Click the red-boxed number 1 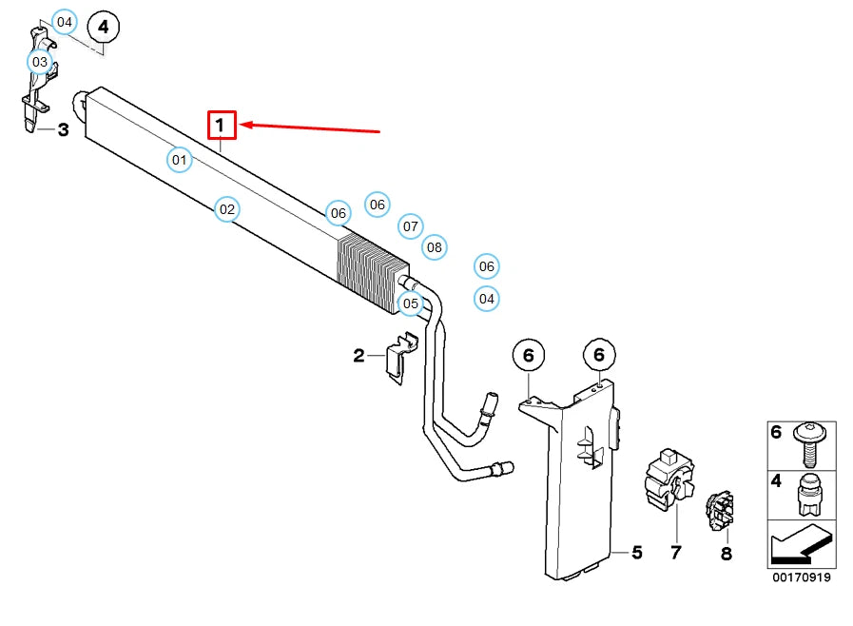222,125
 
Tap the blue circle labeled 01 179,160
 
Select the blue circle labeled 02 227,209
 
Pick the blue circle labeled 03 40,62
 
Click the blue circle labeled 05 411,303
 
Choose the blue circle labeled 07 411,225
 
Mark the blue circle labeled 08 435,247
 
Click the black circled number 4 104,27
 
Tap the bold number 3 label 63,129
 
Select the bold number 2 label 359,356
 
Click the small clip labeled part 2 402,358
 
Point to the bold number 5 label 637,553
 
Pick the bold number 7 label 676,553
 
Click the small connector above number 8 720,511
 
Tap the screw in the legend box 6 809,444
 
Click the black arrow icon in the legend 802,544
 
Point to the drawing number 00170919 802,577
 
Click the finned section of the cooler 373,275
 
